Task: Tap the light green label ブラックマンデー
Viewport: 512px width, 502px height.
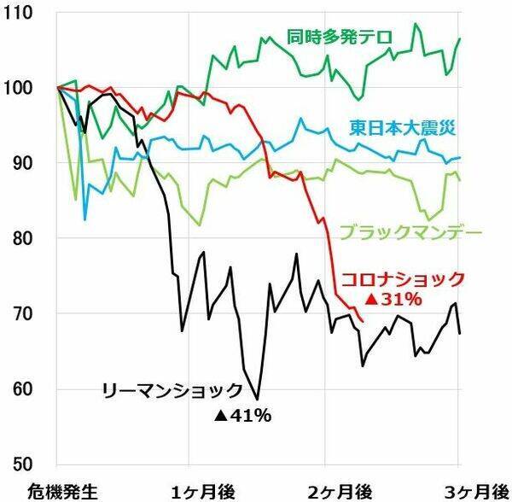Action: [x=411, y=231]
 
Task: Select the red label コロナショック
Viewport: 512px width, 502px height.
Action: [x=403, y=278]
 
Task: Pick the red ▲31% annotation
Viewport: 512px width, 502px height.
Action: [x=393, y=299]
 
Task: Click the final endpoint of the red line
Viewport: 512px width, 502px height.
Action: [x=364, y=322]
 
